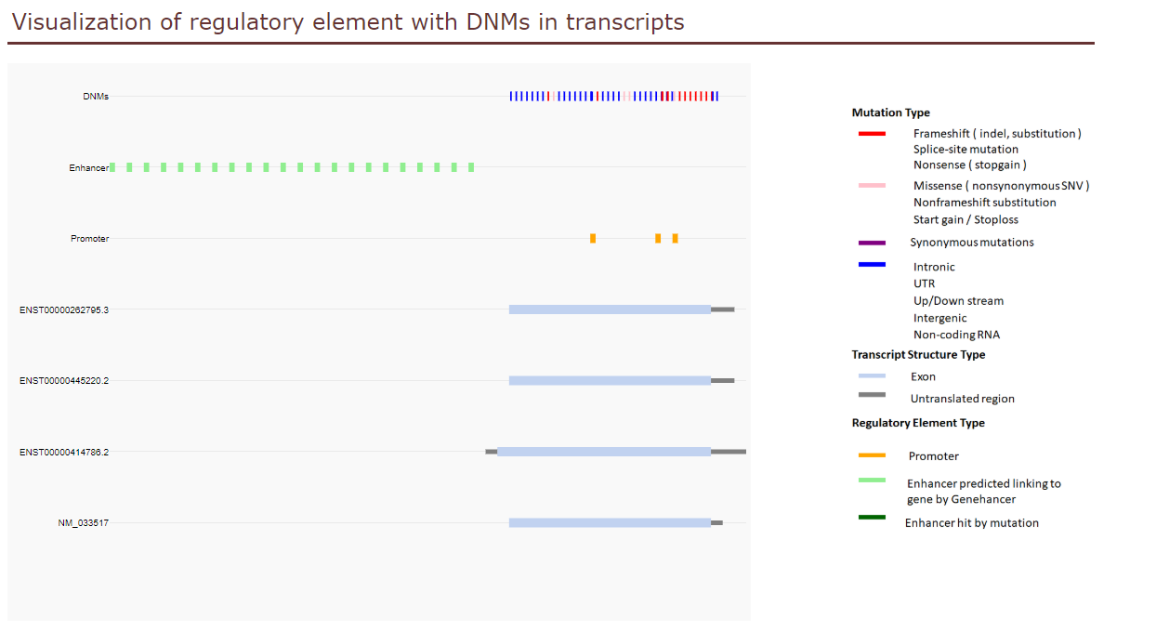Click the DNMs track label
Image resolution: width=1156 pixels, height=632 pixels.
coord(96,97)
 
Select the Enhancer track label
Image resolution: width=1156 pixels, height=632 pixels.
coord(89,168)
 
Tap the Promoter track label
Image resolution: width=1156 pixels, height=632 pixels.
coord(90,239)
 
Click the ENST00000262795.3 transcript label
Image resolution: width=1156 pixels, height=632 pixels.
coord(64,309)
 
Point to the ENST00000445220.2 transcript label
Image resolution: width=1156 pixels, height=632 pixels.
coord(64,380)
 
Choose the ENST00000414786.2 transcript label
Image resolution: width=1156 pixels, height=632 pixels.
coord(64,453)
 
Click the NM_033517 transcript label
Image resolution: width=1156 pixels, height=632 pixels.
coord(83,523)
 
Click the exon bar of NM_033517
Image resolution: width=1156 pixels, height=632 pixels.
coord(610,523)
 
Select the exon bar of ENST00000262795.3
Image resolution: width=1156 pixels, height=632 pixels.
coord(610,309)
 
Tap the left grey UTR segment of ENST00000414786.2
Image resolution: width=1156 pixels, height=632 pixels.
coord(492,452)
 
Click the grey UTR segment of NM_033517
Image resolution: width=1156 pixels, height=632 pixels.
coord(716,523)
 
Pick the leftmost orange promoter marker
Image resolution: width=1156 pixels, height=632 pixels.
coord(593,239)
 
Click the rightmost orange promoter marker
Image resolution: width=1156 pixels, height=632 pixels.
coord(675,239)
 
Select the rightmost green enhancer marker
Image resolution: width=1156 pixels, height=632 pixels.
coord(471,167)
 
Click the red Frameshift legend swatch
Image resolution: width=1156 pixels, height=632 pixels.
coord(872,134)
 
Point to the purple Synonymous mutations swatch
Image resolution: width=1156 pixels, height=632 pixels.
coord(872,243)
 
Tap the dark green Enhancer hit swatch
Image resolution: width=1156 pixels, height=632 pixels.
coord(872,517)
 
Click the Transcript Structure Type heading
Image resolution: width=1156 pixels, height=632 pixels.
coord(918,355)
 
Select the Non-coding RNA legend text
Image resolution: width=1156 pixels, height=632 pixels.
coord(956,335)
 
